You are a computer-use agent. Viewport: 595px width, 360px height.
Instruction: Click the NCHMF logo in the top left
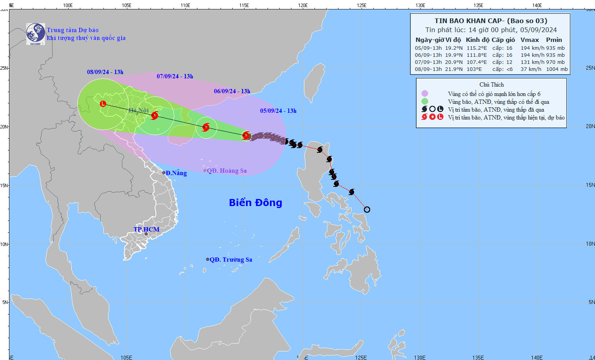[x=36, y=34]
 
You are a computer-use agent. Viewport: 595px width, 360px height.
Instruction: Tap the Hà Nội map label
[x=138, y=110]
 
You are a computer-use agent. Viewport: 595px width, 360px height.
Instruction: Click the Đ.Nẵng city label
[x=176, y=173]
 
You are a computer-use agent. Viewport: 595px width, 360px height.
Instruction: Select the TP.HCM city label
[x=146, y=229]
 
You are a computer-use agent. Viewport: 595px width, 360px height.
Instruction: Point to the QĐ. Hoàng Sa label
[x=227, y=171]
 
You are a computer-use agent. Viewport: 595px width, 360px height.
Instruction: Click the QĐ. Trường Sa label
[x=231, y=260]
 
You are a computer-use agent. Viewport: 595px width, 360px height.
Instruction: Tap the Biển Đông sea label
[x=255, y=203]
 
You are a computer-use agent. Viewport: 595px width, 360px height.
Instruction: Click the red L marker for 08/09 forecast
[x=103, y=104]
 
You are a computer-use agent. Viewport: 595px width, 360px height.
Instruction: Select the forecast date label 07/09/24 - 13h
[x=175, y=76]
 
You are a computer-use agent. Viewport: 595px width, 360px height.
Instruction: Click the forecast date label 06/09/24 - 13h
[x=232, y=91]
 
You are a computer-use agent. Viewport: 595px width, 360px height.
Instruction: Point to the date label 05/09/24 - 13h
[x=278, y=111]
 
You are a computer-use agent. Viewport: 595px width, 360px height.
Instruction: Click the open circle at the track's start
[x=367, y=210]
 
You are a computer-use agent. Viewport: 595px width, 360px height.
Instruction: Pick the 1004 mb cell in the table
[x=557, y=69]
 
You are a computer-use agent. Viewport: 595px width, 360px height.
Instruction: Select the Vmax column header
[x=530, y=40]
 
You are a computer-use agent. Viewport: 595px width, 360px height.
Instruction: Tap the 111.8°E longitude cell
[x=477, y=55]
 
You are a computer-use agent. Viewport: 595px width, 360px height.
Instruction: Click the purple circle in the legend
[x=425, y=94]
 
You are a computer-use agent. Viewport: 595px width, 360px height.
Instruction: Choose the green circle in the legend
[x=425, y=101]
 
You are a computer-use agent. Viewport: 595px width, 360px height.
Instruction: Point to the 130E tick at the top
[x=420, y=5]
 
